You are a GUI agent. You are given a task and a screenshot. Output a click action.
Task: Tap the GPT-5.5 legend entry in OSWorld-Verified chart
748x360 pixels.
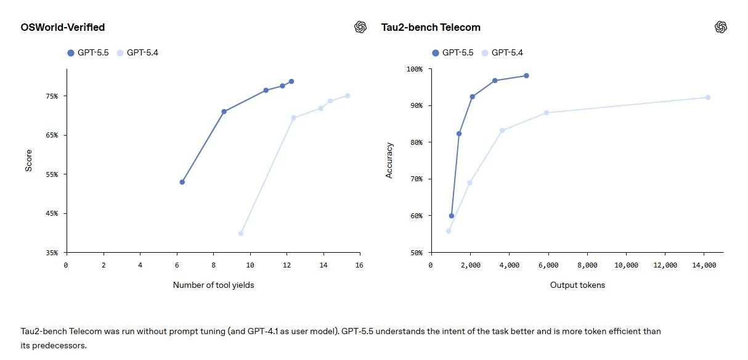(x=89, y=53)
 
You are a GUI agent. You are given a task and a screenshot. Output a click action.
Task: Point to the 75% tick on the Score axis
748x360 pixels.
(x=51, y=96)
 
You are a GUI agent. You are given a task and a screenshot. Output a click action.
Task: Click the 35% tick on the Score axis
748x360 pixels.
(x=51, y=253)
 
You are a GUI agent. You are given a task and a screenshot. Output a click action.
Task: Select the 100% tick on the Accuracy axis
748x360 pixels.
(x=414, y=69)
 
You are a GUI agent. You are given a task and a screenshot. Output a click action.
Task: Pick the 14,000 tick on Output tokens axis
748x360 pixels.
(x=704, y=265)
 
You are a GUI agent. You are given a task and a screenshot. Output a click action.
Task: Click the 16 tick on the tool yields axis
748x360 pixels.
(x=359, y=265)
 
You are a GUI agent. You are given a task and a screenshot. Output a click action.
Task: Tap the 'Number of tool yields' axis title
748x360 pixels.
(x=213, y=285)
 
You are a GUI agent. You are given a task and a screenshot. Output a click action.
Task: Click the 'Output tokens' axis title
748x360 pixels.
(x=577, y=285)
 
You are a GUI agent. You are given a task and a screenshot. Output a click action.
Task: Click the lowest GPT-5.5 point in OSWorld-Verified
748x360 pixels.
(x=182, y=182)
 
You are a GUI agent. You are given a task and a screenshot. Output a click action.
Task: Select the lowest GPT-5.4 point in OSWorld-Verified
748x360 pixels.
(x=240, y=233)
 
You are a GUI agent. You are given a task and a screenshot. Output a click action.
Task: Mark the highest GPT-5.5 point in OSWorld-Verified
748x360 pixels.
(x=291, y=81)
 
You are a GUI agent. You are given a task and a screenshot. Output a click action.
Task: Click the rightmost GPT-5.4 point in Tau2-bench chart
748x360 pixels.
(x=707, y=97)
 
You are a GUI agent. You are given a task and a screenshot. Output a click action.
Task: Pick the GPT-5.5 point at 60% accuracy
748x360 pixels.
(x=452, y=216)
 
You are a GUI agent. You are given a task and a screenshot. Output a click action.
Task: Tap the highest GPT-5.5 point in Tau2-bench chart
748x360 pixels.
(x=526, y=76)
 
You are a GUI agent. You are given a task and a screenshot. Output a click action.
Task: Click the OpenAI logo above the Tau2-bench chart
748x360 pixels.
(x=721, y=27)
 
